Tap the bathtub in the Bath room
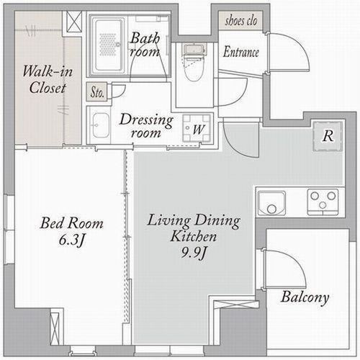pyautogui.click(x=108, y=45)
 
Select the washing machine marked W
pyautogui.click(x=197, y=128)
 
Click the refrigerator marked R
pyautogui.click(x=328, y=136)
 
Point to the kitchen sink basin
pyautogui.click(x=271, y=203)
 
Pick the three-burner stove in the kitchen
pyautogui.click(x=323, y=202)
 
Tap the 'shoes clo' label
pyautogui.click(x=240, y=21)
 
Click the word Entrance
pyautogui.click(x=241, y=52)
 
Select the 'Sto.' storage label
pyautogui.click(x=97, y=92)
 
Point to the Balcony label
pyautogui.click(x=305, y=297)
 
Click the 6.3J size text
pyautogui.click(x=72, y=240)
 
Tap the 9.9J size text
pyautogui.click(x=194, y=253)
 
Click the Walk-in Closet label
pyautogui.click(x=48, y=79)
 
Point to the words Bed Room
pyautogui.click(x=71, y=223)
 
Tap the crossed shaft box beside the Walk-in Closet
pyautogui.click(x=74, y=22)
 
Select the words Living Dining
pyautogui.click(x=194, y=220)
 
